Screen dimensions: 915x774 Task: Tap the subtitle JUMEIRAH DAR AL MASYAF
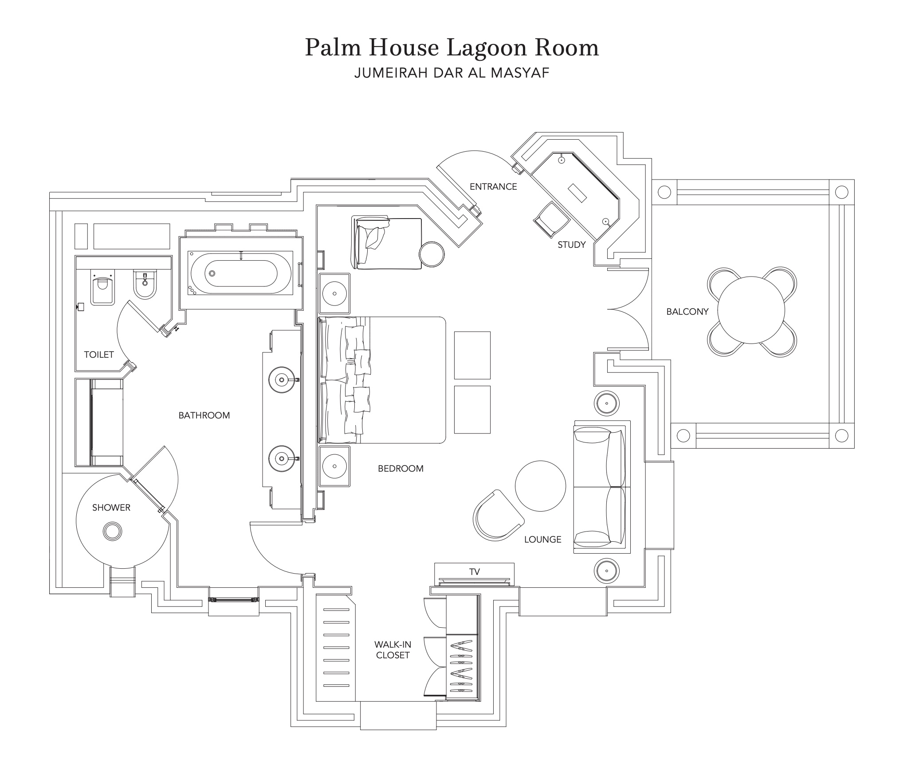[x=452, y=73]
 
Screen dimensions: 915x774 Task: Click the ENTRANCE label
[x=493, y=187]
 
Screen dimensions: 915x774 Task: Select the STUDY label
[x=572, y=245]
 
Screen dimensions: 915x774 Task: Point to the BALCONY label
[x=687, y=312]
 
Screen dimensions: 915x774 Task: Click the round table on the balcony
[x=751, y=310]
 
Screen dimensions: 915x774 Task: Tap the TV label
[x=475, y=572]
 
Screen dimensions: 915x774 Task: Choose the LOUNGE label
[x=542, y=539]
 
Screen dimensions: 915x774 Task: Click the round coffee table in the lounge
[x=541, y=486]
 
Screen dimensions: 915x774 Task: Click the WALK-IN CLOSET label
[x=393, y=650]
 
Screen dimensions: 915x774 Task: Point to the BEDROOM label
[x=401, y=469]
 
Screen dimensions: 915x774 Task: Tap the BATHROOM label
[x=204, y=415]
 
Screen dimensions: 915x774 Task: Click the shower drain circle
[x=112, y=531]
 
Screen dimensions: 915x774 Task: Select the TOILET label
[x=99, y=355]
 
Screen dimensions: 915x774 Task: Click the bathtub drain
[x=212, y=274]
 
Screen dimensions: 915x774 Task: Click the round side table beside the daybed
[x=432, y=254]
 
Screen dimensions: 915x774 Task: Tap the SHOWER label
[x=111, y=508]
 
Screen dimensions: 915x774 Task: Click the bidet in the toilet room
[x=145, y=284]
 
